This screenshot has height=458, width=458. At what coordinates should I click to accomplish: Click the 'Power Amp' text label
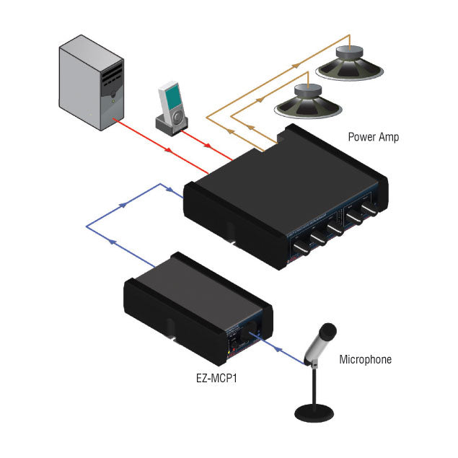coord(373,136)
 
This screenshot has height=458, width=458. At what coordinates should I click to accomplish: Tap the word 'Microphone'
coord(365,359)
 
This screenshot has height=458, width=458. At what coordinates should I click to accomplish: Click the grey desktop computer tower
coord(91,84)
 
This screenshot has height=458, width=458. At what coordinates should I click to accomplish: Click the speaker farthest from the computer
coord(349,63)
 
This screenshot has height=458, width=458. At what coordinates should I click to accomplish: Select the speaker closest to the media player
coord(307,101)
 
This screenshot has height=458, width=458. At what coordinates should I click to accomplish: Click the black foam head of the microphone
coord(327,333)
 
